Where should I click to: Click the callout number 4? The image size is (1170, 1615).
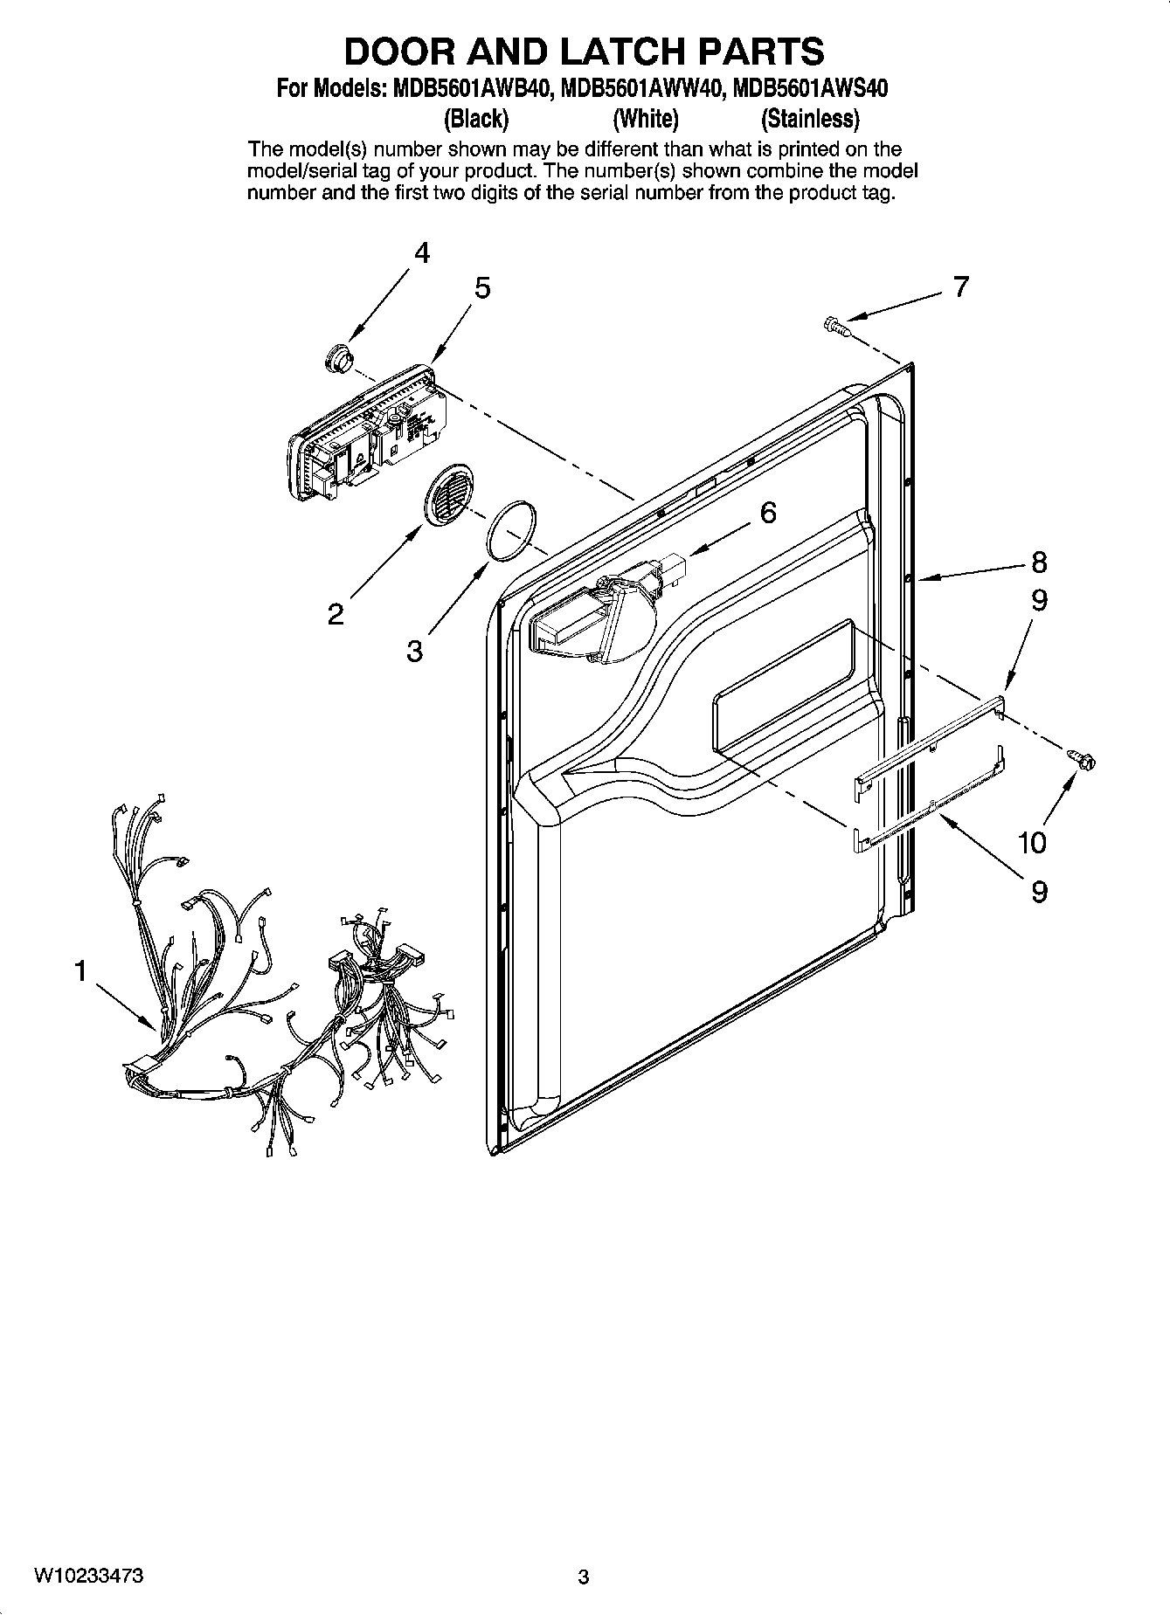[x=422, y=254]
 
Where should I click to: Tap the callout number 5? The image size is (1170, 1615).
[x=482, y=288]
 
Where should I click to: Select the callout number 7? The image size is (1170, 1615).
[x=960, y=287]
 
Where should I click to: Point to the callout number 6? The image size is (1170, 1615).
[x=767, y=513]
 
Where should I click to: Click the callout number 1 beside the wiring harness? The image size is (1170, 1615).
[x=80, y=970]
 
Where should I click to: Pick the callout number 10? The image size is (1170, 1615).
[x=1032, y=843]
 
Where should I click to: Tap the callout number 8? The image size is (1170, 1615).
[x=1038, y=562]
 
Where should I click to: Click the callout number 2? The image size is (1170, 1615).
[x=336, y=615]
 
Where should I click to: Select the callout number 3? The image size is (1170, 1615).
[x=414, y=651]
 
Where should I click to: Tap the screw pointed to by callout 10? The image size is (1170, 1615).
[x=1082, y=761]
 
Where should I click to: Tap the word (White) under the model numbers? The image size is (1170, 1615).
[x=645, y=118]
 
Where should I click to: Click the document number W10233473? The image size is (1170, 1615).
[x=89, y=1576]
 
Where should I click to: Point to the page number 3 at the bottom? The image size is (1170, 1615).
[x=584, y=1577]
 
